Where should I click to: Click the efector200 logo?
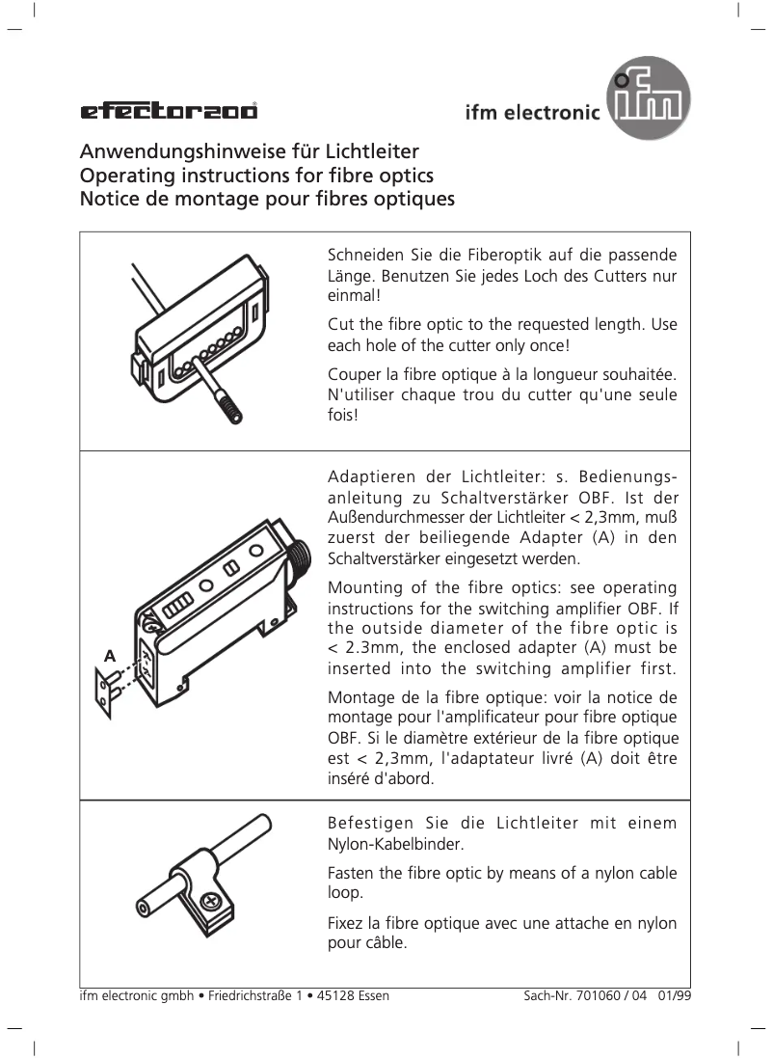click(169, 111)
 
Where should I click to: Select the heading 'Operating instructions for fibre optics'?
click(255, 176)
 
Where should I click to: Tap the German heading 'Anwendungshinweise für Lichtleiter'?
click(248, 152)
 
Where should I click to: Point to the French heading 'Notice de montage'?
click(266, 201)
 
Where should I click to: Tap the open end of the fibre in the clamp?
click(144, 908)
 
